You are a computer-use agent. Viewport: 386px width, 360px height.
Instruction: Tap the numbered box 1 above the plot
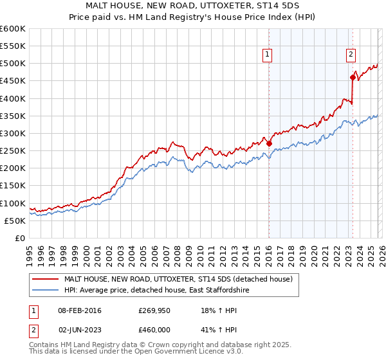point(267,55)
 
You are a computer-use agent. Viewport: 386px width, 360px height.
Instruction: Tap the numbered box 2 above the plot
point(351,55)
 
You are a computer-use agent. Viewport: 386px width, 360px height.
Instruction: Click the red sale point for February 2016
point(269,144)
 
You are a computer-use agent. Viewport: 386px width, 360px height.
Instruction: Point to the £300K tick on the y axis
point(13,134)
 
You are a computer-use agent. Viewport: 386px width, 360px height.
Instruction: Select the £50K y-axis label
point(15,221)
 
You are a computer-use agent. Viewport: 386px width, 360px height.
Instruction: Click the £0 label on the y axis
point(20,238)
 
